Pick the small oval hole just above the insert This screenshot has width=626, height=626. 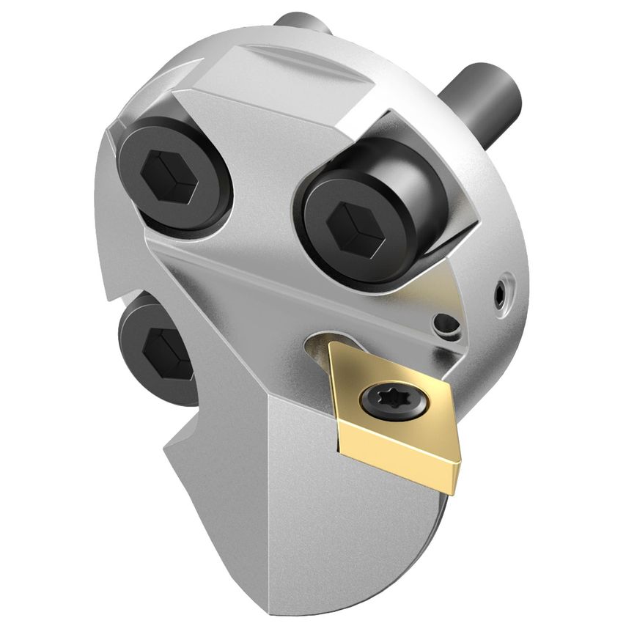point(444,322)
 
